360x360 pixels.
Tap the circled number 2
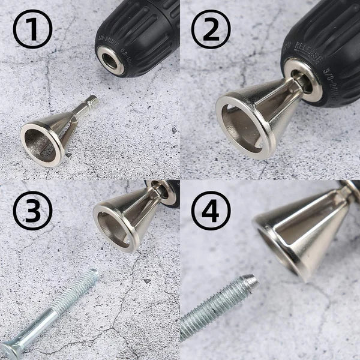click(x=211, y=29)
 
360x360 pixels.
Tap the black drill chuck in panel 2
click(x=324, y=36)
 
